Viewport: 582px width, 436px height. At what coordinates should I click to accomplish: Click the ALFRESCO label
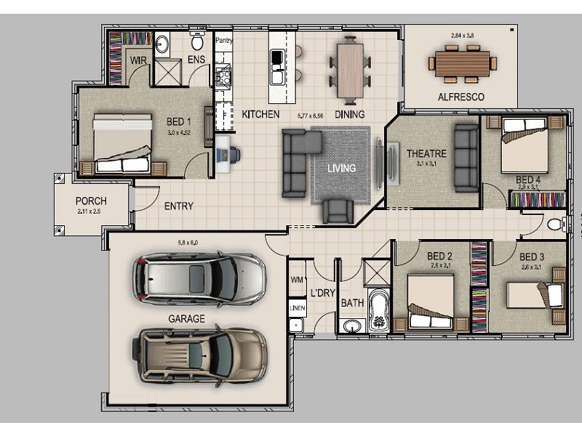click(461, 97)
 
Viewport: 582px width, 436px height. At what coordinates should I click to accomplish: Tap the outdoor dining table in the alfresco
click(462, 62)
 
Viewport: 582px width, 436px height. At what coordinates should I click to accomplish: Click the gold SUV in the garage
click(199, 356)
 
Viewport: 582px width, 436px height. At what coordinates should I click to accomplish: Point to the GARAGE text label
click(186, 318)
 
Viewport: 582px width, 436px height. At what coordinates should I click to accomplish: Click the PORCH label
click(91, 201)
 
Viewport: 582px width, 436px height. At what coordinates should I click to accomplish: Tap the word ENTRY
click(178, 206)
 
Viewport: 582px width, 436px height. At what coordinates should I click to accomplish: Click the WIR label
click(138, 60)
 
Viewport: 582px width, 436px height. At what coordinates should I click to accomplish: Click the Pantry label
click(223, 41)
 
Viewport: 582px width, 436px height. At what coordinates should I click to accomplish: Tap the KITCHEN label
click(260, 115)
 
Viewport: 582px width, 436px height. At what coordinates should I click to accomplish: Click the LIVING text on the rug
click(341, 168)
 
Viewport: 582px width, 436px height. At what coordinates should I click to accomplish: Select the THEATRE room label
click(426, 154)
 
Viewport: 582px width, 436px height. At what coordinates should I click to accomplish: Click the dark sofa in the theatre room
click(466, 158)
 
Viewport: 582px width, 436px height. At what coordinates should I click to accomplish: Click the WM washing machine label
click(296, 279)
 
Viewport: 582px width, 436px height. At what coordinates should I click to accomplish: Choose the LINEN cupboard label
click(297, 308)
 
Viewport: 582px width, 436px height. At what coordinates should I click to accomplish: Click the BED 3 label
click(531, 257)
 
